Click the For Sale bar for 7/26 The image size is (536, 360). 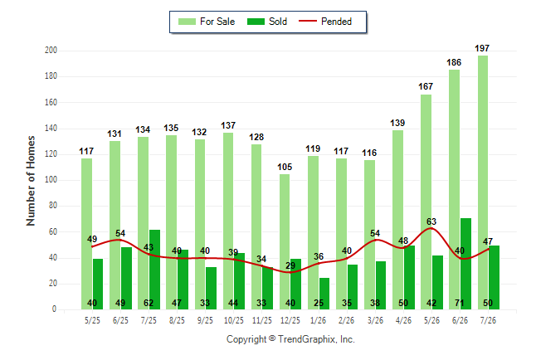[x=483, y=182]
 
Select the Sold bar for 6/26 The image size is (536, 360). [x=465, y=264]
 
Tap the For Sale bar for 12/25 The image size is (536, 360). [x=285, y=242]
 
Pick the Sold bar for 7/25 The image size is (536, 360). [x=154, y=270]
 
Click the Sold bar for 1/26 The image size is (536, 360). [x=324, y=294]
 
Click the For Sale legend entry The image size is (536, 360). [x=207, y=22]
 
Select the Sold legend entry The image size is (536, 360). [x=267, y=22]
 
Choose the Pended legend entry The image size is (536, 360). [x=325, y=22]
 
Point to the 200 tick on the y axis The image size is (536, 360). [x=51, y=51]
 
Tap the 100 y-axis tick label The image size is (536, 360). [x=51, y=180]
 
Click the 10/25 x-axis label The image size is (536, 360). [x=234, y=320]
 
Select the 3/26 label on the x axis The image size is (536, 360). [x=375, y=320]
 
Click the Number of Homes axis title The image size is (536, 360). [x=31, y=181]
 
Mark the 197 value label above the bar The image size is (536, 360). [x=482, y=48]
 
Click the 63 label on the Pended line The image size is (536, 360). [x=431, y=221]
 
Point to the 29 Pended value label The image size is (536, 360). [x=290, y=265]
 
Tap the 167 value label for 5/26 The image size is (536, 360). [x=426, y=86]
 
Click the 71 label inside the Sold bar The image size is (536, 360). [x=460, y=303]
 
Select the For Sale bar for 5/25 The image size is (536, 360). [x=86, y=234]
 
